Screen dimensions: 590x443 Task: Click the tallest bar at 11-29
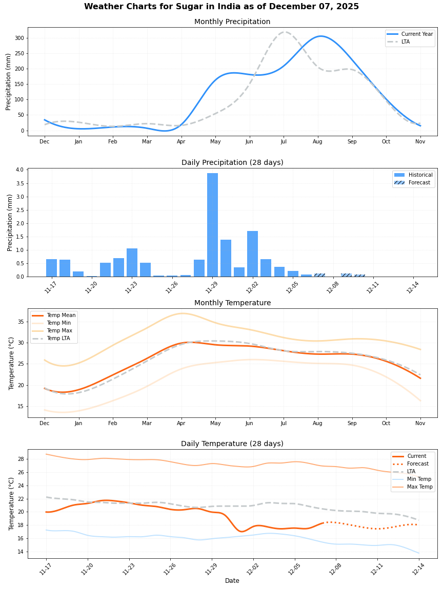click(x=212, y=225)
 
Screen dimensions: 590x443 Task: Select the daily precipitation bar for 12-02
click(x=252, y=254)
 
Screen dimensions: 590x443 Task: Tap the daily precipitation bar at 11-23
click(x=132, y=263)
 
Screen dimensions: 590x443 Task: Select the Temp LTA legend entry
click(x=58, y=338)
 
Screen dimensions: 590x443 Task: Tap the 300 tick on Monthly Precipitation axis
click(x=19, y=38)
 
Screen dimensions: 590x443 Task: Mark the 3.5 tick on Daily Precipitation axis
click(x=19, y=183)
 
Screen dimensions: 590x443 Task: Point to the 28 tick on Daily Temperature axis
click(x=19, y=459)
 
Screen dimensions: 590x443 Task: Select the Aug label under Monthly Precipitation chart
click(x=317, y=141)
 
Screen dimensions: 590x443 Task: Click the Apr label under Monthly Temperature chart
click(x=181, y=423)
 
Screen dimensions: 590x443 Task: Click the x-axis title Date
click(x=232, y=581)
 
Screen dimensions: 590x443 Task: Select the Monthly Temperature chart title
click(x=232, y=303)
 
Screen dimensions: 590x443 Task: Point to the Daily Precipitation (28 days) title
click(x=232, y=163)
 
